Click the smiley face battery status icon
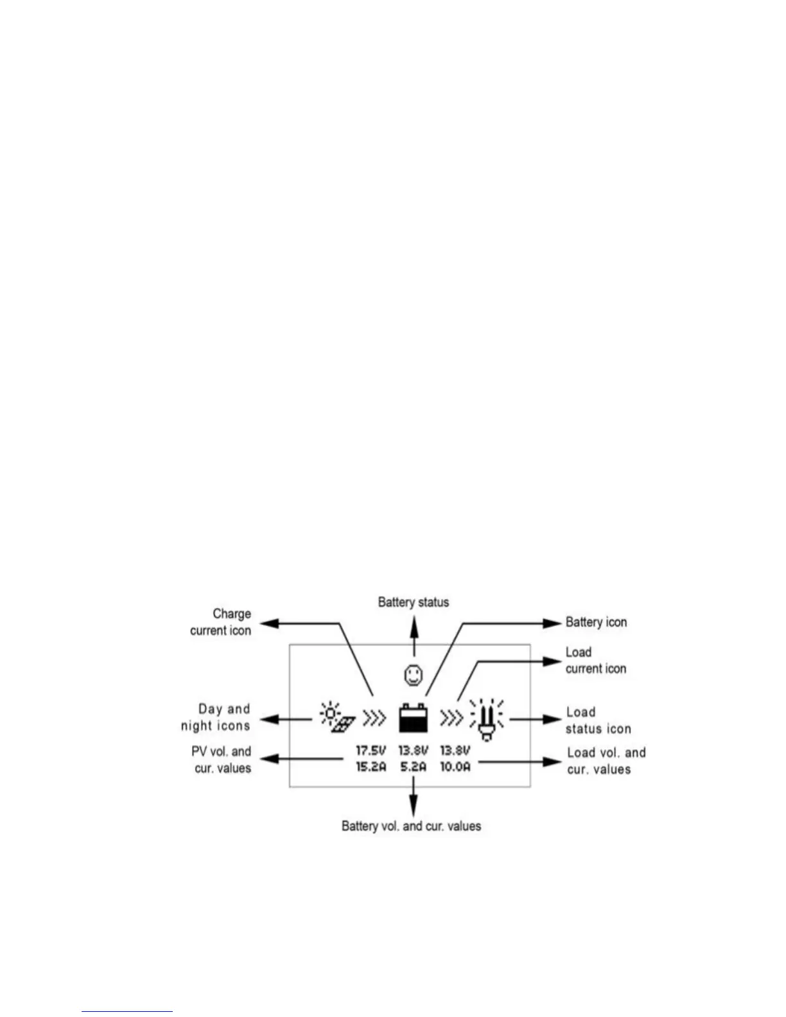[x=413, y=675]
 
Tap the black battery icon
[x=413, y=718]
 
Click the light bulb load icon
[x=487, y=720]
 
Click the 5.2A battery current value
[x=413, y=766]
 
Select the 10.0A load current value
[x=455, y=766]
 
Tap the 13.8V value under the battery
[x=413, y=750]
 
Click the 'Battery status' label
[x=413, y=602]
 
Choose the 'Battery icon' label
[x=596, y=622]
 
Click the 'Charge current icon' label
[x=221, y=622]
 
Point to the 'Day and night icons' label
[x=216, y=718]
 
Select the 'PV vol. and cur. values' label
[x=222, y=760]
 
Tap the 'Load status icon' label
[x=598, y=720]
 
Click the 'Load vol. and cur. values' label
[x=606, y=761]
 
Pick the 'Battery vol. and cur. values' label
[x=411, y=826]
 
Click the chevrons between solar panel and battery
[x=374, y=718]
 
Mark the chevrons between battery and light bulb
[x=451, y=718]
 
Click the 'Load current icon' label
[x=595, y=661]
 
